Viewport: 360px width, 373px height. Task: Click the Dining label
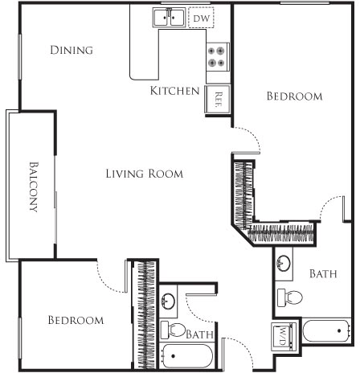(72, 51)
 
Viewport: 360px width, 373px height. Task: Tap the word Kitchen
(174, 91)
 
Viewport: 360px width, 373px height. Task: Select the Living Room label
(145, 173)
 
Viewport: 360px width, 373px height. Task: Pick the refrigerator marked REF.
(219, 98)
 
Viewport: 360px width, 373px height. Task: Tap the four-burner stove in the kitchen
(217, 55)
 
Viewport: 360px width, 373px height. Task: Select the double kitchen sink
(170, 17)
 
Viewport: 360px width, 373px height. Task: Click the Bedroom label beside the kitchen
(294, 96)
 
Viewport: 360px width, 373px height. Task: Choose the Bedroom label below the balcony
(76, 320)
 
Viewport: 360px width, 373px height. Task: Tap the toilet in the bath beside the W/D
(291, 297)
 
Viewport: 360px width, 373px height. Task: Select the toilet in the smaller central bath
(173, 330)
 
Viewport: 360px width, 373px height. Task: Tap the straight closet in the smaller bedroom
(145, 314)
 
